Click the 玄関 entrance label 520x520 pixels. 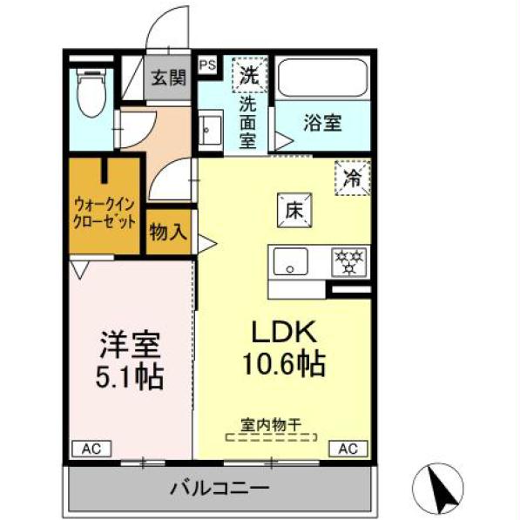click(x=169, y=77)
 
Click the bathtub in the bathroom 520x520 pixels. click(x=321, y=79)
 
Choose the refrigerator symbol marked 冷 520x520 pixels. click(x=353, y=179)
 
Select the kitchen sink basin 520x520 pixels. click(x=289, y=260)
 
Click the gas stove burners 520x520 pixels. click(x=350, y=260)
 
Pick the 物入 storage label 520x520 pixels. click(x=168, y=233)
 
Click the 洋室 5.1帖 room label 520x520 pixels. click(x=129, y=361)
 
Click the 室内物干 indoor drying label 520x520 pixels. click(x=270, y=425)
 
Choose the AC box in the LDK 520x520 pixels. click(x=347, y=449)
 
